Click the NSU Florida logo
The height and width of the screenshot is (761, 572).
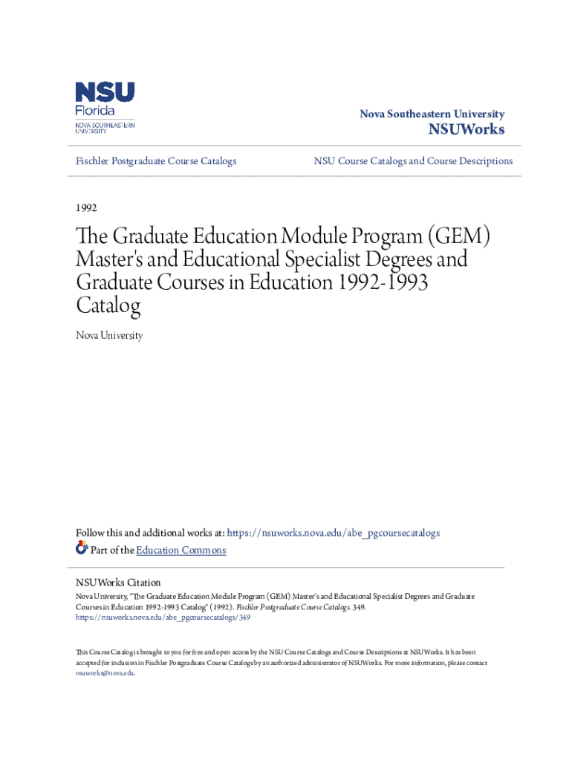tap(105, 107)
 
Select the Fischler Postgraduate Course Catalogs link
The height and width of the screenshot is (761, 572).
tap(157, 161)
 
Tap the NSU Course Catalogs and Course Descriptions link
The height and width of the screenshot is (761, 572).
tap(413, 161)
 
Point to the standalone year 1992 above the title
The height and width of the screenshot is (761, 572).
tap(87, 207)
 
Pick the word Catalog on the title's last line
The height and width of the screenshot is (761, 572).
tap(108, 305)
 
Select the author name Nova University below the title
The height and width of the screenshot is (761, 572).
tap(109, 336)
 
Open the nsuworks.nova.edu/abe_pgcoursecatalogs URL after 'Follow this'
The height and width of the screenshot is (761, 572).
tap(334, 533)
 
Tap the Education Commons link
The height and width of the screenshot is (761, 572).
tap(181, 550)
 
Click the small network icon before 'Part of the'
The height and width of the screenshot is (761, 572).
tap(82, 549)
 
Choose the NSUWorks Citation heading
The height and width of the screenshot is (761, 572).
tap(118, 583)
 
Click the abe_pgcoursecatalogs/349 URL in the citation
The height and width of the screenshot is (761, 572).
tap(163, 617)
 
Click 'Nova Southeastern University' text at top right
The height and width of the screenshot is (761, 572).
tap(432, 114)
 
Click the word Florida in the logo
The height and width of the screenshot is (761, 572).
tap(95, 111)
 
